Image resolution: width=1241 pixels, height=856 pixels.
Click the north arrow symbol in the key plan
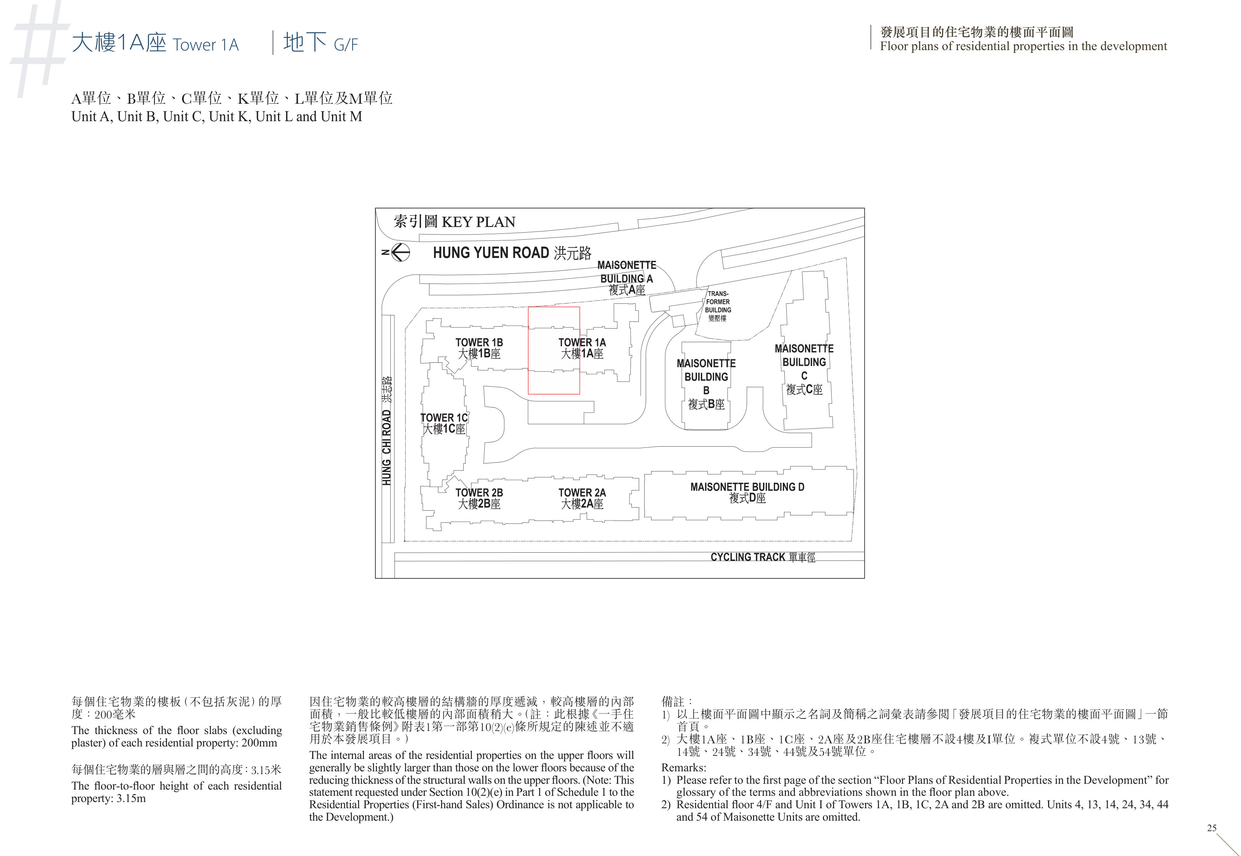(397, 252)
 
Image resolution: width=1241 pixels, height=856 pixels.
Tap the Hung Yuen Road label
(512, 252)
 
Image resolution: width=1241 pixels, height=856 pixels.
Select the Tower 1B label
(479, 348)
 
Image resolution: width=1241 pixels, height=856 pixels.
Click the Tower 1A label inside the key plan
(582, 348)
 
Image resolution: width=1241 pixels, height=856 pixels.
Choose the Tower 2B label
(479, 498)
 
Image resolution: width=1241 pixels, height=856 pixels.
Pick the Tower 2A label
(582, 498)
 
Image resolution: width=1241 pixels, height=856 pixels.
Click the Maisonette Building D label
(747, 492)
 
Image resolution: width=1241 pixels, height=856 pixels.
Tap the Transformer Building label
(718, 306)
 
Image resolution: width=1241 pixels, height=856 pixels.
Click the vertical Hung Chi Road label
(386, 431)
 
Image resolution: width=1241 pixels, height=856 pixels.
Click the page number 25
(1211, 828)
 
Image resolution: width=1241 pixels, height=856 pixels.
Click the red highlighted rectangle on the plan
(554, 307)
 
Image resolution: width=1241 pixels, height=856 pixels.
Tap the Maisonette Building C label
(804, 369)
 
